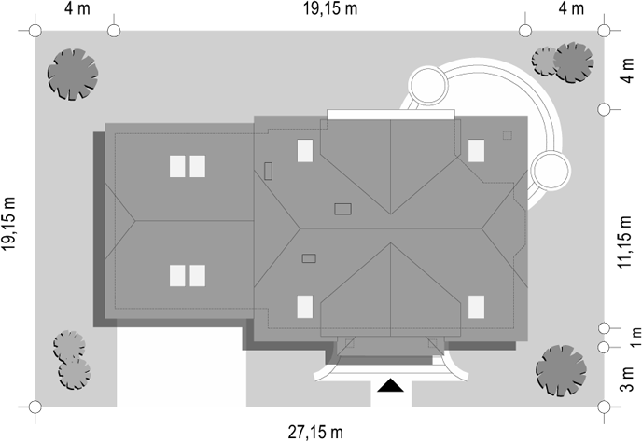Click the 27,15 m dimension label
click(315, 432)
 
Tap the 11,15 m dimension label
click(625, 242)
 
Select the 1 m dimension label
click(635, 338)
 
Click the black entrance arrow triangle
click(390, 385)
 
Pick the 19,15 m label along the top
click(330, 8)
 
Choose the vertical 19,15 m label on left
click(8, 224)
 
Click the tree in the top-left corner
click(73, 75)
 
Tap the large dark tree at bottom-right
click(562, 371)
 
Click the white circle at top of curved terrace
click(428, 85)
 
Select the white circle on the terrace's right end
click(551, 171)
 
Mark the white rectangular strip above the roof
click(391, 114)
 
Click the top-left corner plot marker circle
click(35, 31)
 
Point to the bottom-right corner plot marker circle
click(604, 407)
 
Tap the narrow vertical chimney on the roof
click(268, 171)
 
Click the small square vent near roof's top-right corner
click(508, 135)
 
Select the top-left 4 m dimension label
click(77, 8)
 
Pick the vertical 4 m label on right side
click(627, 70)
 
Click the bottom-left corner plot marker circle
click(35, 407)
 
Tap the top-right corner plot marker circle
click(604, 31)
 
